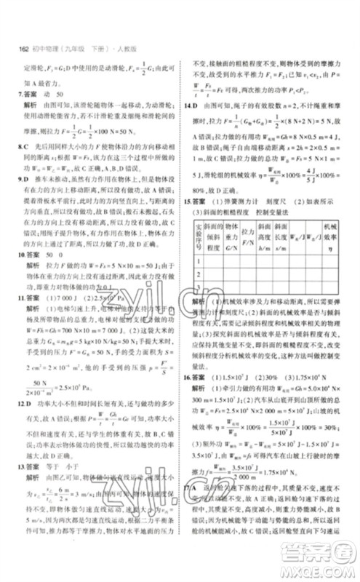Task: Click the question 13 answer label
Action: [x=30, y=479]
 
